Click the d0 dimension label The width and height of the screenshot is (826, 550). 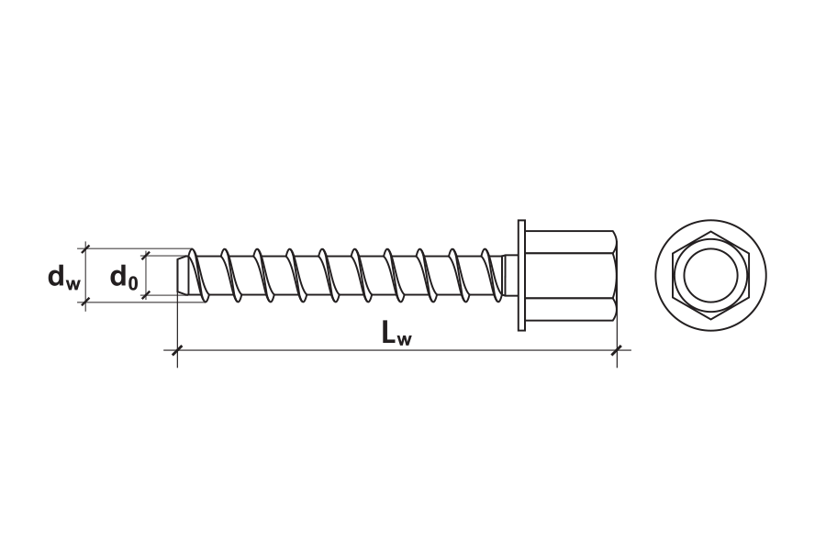pyautogui.click(x=124, y=277)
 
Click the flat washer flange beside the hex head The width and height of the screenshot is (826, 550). pyautogui.click(x=521, y=275)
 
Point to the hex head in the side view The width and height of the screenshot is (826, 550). pyautogui.click(x=571, y=275)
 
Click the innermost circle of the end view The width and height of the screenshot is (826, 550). pyautogui.click(x=710, y=275)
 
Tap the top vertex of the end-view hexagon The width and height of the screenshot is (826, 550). pyautogui.click(x=710, y=232)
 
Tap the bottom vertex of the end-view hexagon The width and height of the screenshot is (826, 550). pyautogui.click(x=710, y=319)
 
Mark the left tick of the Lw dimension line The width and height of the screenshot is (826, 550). pyautogui.click(x=177, y=350)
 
